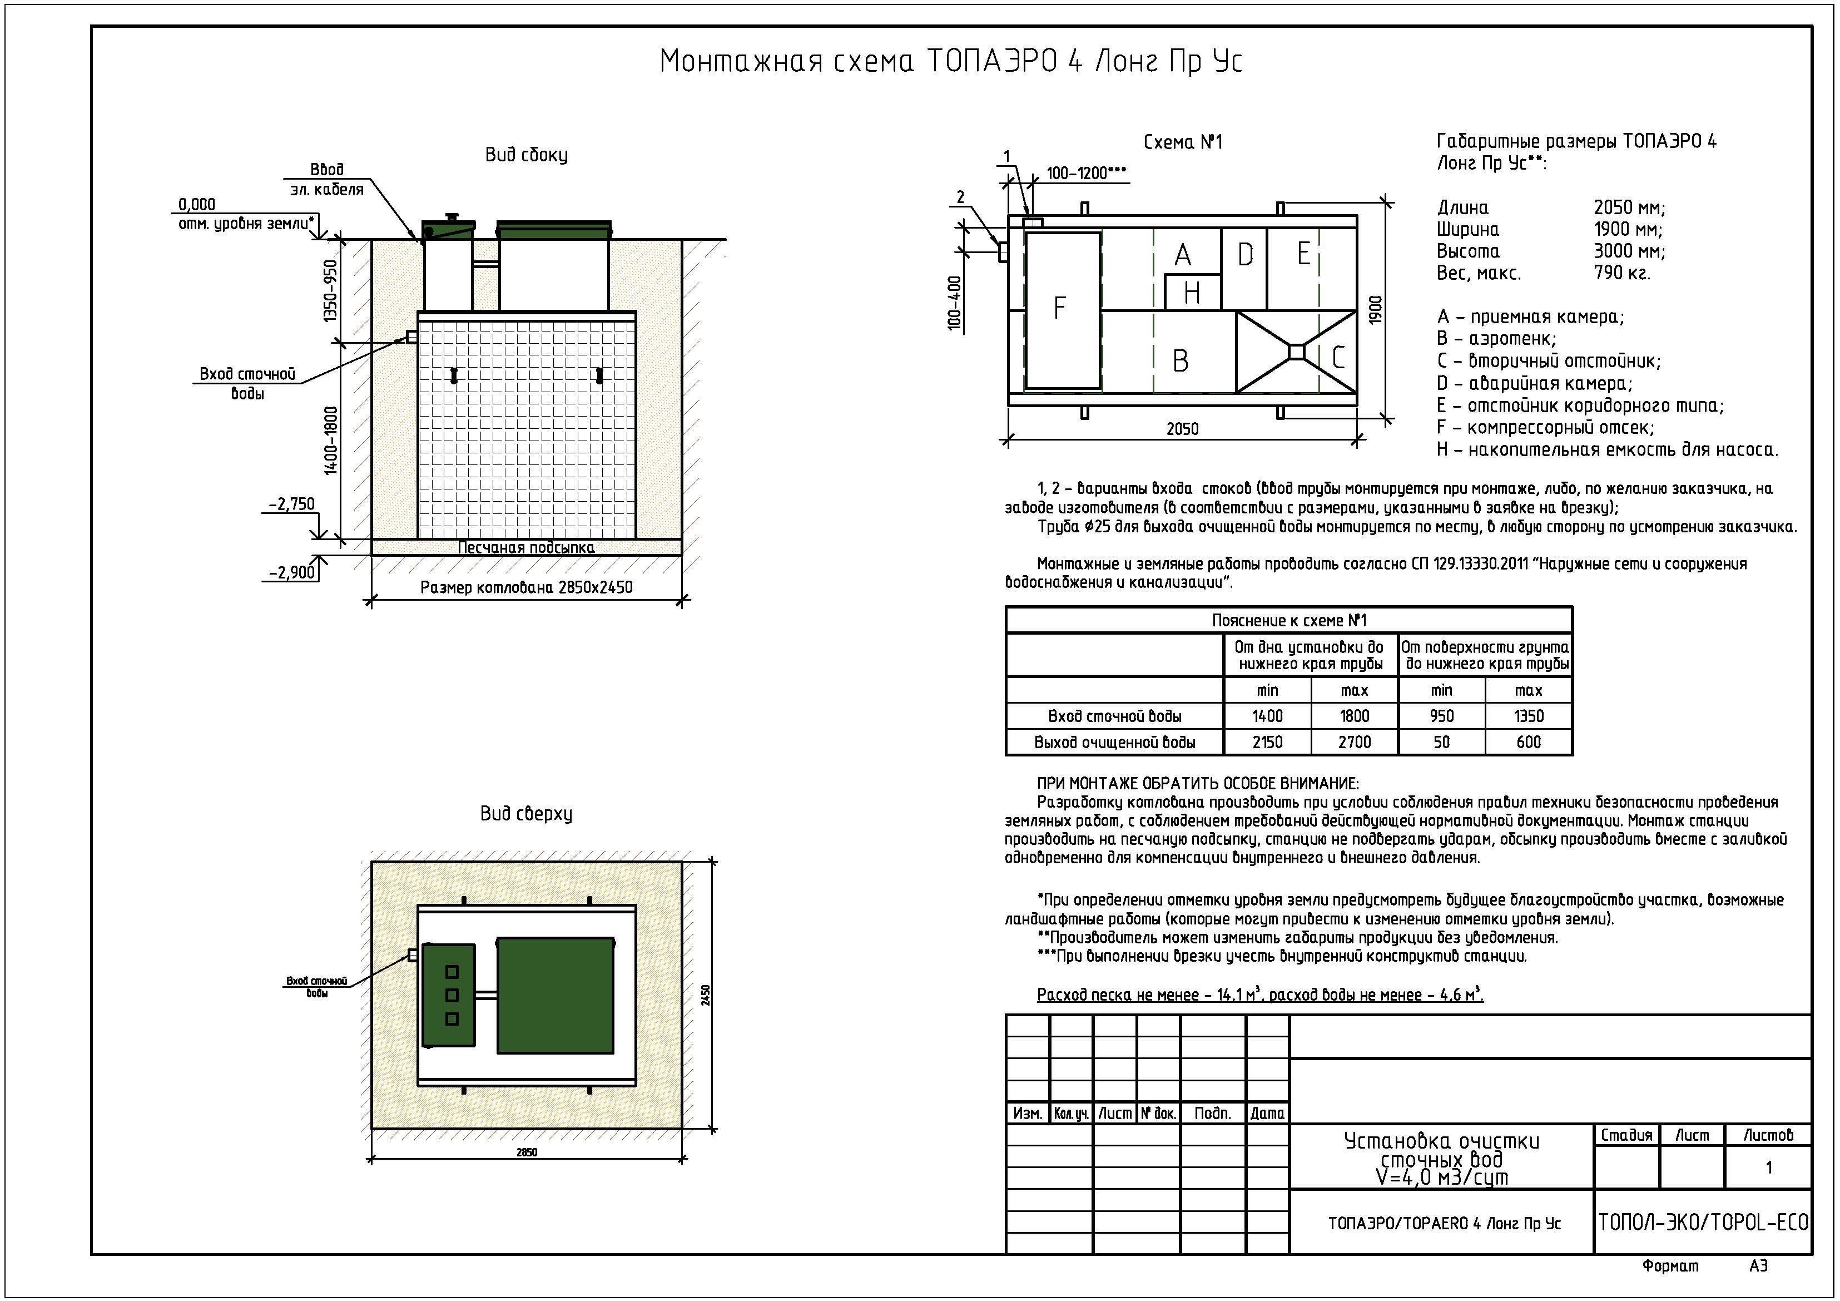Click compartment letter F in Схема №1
pos(1059,308)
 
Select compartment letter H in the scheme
pos(1192,293)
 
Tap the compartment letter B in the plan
pos(1181,361)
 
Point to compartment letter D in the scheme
pos(1244,255)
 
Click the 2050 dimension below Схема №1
pos(1182,429)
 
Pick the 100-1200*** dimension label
pos(1086,173)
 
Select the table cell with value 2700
pos(1355,743)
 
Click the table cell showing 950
pos(1441,716)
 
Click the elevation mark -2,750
pos(292,504)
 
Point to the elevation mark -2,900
pos(292,573)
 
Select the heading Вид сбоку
pos(527,155)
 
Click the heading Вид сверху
pos(527,814)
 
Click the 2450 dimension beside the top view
pos(706,995)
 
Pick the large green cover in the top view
pos(556,995)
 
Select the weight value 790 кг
pos(1621,273)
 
